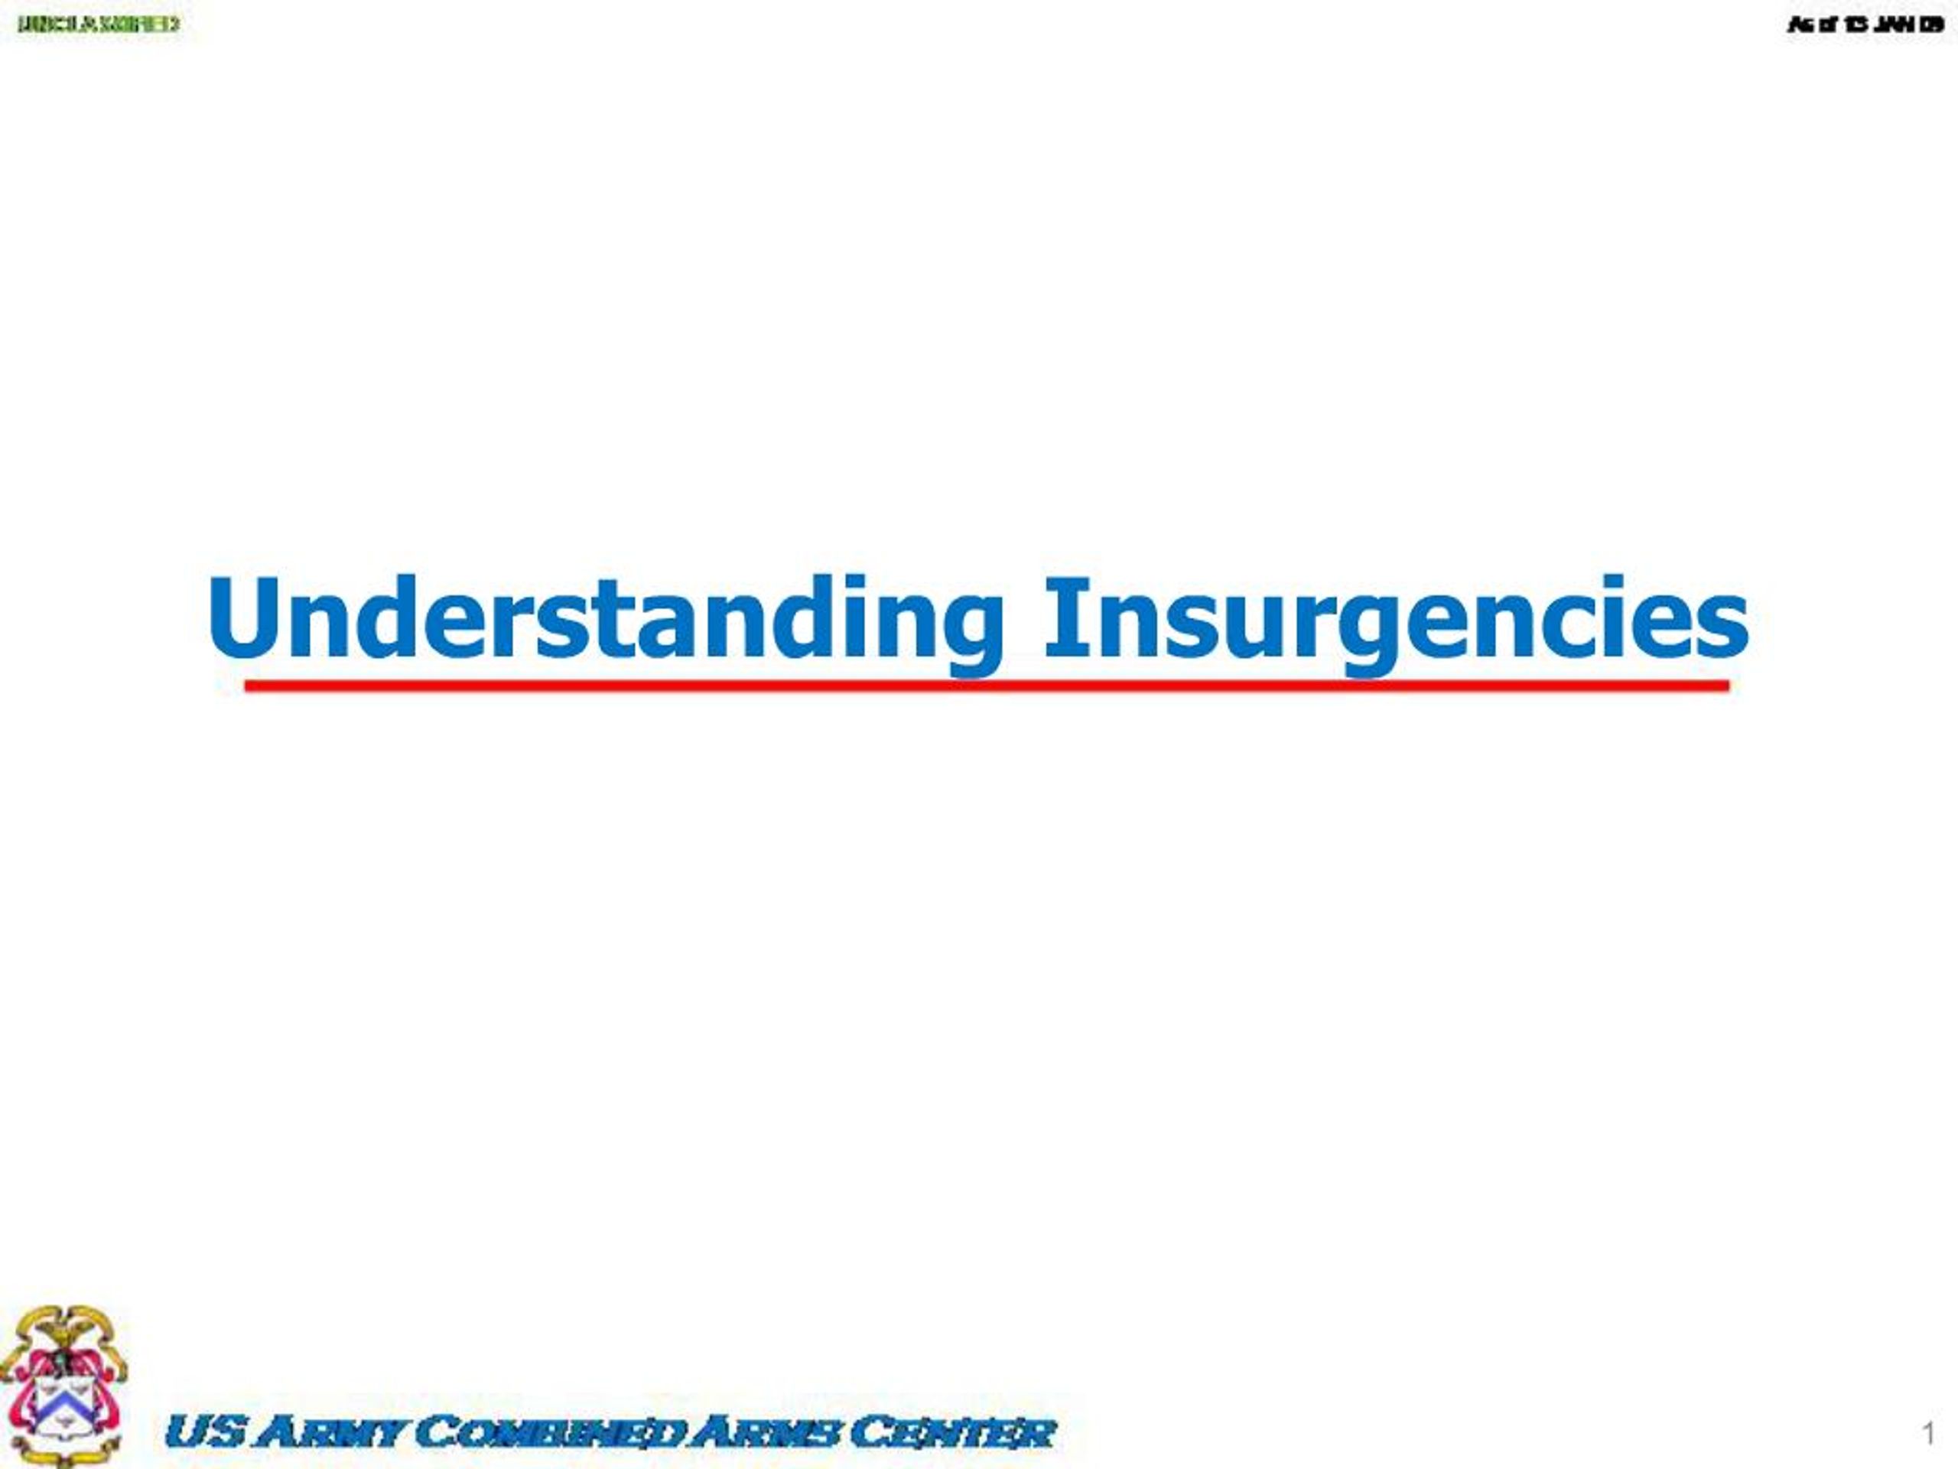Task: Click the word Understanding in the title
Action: coord(607,620)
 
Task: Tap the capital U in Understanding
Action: coord(242,617)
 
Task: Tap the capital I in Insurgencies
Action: coord(1057,617)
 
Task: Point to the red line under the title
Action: coord(986,686)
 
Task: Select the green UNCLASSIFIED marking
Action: coord(98,24)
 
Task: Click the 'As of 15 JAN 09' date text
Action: coord(1864,24)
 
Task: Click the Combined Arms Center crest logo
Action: coord(63,1386)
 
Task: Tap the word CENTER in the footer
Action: coord(952,1432)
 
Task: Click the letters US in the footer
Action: coord(203,1432)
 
